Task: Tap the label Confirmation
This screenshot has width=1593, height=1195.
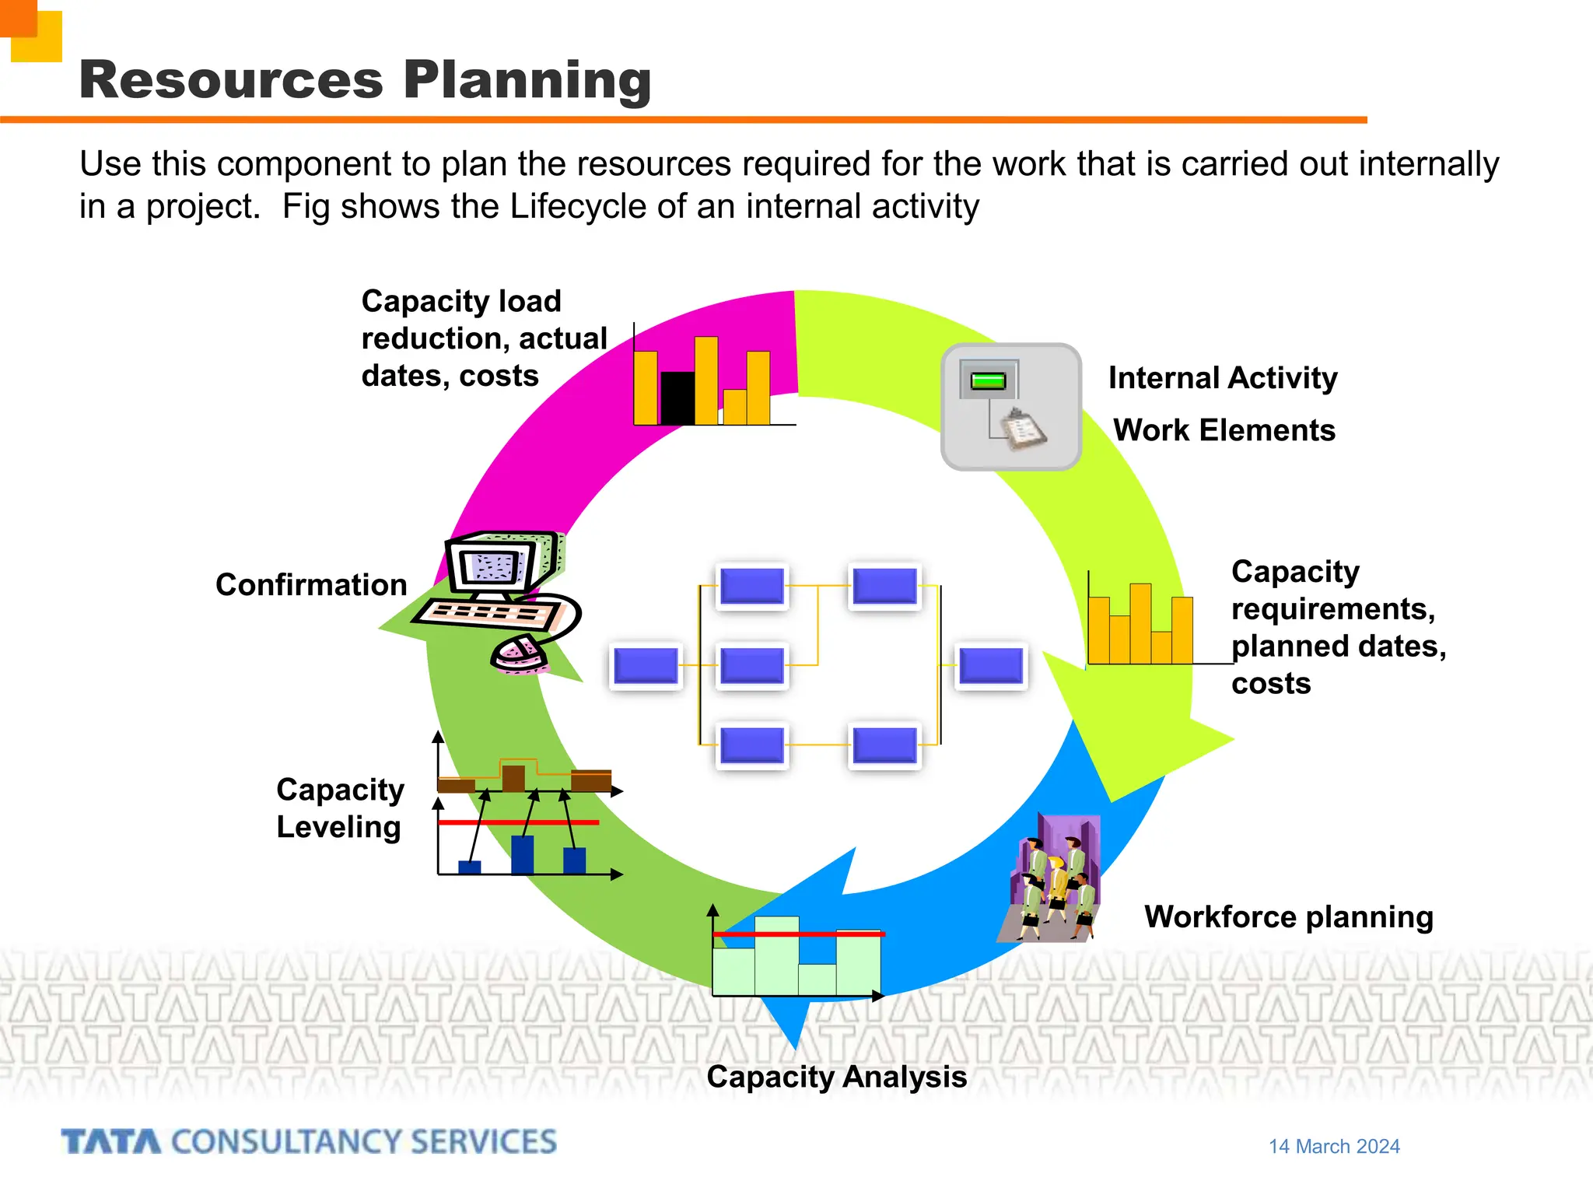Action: pos(311,584)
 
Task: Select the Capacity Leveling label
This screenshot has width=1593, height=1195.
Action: pos(340,808)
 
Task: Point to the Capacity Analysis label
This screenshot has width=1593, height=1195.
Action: pos(836,1077)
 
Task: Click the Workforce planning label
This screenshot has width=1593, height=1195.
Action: pos(1288,916)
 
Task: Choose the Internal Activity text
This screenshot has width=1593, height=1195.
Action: pos(1223,378)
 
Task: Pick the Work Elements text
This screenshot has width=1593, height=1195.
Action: pos(1224,430)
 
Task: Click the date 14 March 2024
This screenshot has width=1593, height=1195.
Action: pos(1334,1146)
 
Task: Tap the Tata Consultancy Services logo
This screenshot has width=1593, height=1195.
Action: pos(309,1141)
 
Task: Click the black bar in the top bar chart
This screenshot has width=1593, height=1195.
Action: pos(677,398)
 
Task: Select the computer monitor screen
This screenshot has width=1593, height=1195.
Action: pos(492,566)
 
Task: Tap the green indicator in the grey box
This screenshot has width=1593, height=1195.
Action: pos(989,380)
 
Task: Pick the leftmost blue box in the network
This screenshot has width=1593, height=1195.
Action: pos(646,666)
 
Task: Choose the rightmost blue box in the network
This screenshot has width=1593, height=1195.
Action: pos(991,666)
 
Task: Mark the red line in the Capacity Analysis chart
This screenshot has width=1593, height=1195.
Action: pos(799,934)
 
